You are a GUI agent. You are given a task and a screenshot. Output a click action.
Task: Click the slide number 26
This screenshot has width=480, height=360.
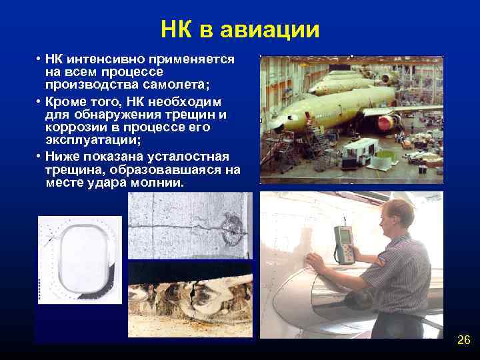coord(463,341)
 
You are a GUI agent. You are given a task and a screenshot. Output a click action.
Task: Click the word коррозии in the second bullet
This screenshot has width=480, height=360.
coord(74,127)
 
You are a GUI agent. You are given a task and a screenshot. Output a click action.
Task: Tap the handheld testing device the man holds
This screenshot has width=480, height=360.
coord(343,245)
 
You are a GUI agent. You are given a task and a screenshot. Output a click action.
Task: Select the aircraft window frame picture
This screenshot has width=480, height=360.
coord(79,261)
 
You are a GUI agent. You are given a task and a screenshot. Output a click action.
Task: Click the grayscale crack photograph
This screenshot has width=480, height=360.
coord(190,225)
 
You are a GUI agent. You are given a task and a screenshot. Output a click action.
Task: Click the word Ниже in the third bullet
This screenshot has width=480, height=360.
coord(63,156)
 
